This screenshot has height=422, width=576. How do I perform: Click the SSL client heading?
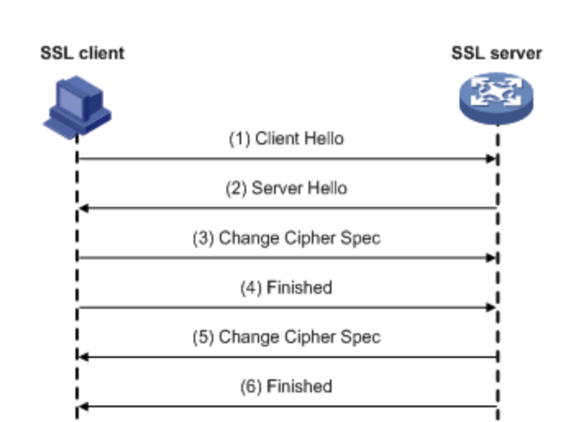82,54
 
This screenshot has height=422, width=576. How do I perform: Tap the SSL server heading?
496,54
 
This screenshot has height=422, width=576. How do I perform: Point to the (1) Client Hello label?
286,139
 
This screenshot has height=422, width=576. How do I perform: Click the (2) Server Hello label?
286,188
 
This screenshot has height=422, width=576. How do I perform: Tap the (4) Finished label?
286,287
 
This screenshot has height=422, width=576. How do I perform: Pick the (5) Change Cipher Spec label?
286,337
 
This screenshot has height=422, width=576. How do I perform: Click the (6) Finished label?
286,386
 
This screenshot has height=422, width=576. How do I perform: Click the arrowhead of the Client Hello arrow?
492,158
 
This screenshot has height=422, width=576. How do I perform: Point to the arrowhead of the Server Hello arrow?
81,209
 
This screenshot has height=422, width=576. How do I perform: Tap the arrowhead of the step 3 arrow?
492,258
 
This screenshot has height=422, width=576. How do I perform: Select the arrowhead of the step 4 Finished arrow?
492,307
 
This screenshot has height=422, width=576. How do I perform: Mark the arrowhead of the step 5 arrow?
81,357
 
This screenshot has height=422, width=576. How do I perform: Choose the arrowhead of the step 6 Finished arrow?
81,406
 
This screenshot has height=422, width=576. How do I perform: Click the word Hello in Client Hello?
323,139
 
